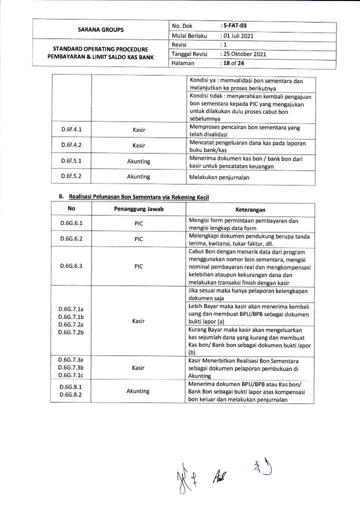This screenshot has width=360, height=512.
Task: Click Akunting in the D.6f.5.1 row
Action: pos(138,161)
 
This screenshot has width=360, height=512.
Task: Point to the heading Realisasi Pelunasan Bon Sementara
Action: pos(137,197)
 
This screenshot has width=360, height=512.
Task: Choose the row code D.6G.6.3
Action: pos(71,266)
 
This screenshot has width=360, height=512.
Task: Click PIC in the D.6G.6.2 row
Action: pos(138,239)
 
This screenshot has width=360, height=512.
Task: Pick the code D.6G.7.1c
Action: pos(71,375)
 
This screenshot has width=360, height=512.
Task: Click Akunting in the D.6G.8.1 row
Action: pos(138,391)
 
